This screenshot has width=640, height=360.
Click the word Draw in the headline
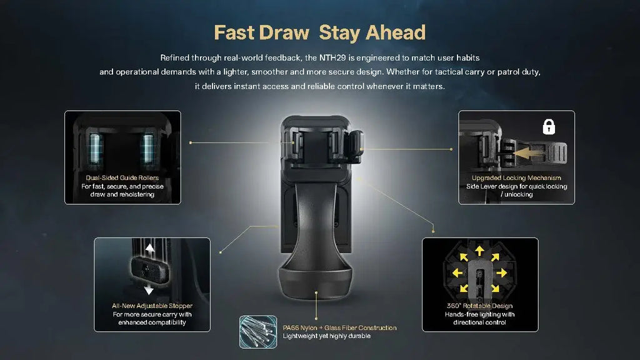tap(284, 32)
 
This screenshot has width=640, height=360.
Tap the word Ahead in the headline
tap(396, 32)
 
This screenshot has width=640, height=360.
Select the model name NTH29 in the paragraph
tap(332, 57)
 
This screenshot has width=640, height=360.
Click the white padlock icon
tap(549, 126)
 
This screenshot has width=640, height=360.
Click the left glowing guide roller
tap(95, 149)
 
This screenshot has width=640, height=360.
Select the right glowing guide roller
tap(147, 149)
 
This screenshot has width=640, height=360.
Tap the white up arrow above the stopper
tap(150, 249)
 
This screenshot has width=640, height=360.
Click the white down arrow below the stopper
tap(149, 290)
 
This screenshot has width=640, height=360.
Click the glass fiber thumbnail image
tap(258, 332)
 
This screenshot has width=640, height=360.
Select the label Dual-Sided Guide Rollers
tap(122, 177)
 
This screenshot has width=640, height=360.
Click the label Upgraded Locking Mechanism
tap(516, 177)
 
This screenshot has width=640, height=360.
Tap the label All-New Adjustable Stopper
tap(152, 306)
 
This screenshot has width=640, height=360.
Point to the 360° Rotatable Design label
tap(479, 306)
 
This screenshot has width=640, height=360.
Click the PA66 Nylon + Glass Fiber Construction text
tap(339, 327)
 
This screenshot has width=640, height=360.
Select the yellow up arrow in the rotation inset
tap(479, 251)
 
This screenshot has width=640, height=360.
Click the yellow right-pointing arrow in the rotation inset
tap(502, 272)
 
